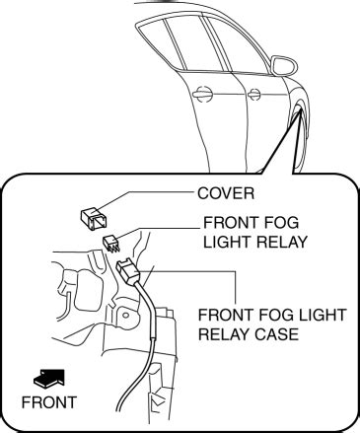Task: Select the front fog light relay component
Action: pos(112,242)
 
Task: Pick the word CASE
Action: pos(273,334)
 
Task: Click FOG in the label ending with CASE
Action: pos(267,315)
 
